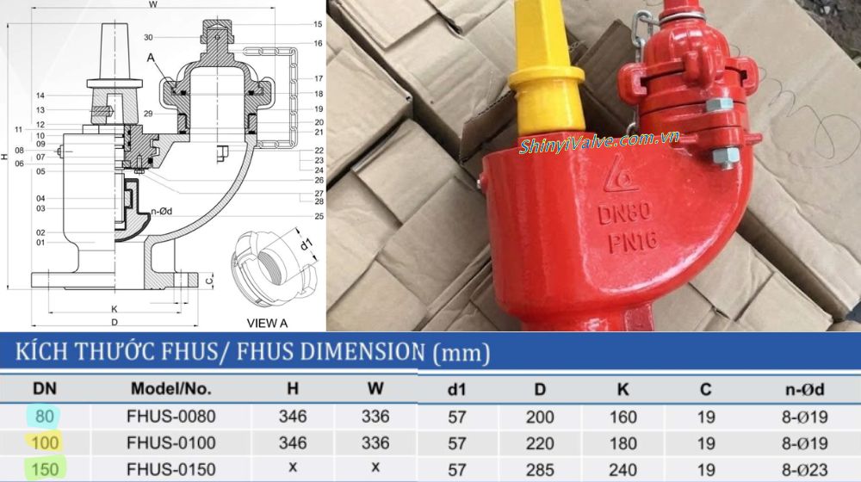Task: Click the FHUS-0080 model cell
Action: (172, 417)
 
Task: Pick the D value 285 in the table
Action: (539, 470)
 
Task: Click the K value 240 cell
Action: (623, 470)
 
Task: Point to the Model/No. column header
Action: (170, 388)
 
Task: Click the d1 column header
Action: (457, 389)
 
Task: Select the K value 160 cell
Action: (623, 417)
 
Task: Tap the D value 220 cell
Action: (539, 443)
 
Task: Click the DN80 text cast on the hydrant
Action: (624, 212)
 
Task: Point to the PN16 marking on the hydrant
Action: (630, 242)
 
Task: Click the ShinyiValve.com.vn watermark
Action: (599, 143)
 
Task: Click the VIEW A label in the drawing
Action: (268, 323)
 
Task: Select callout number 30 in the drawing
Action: (149, 38)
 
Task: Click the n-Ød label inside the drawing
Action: (163, 208)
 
